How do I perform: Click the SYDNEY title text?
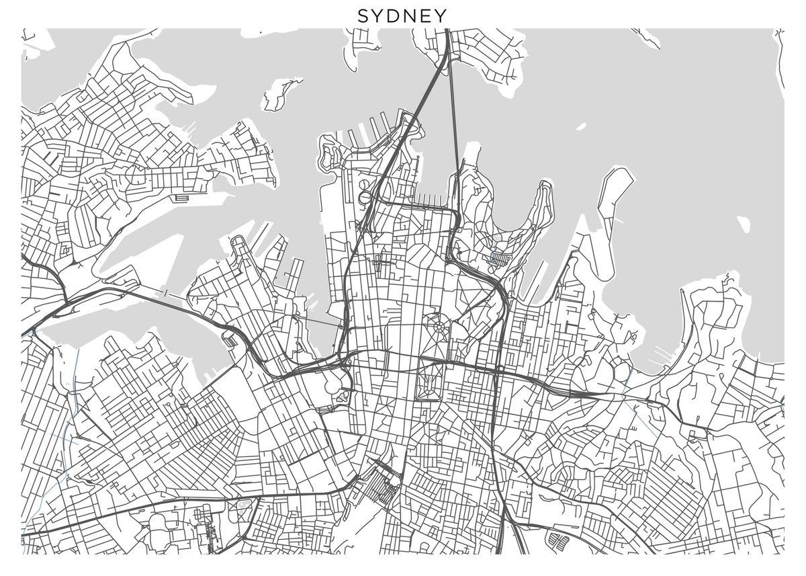[x=402, y=15]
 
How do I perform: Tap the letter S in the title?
[x=363, y=15]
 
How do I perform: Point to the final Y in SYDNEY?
[x=442, y=15]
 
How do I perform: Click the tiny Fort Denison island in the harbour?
[x=580, y=126]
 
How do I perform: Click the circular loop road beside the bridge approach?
[x=365, y=198]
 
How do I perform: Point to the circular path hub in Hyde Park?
[x=439, y=328]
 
